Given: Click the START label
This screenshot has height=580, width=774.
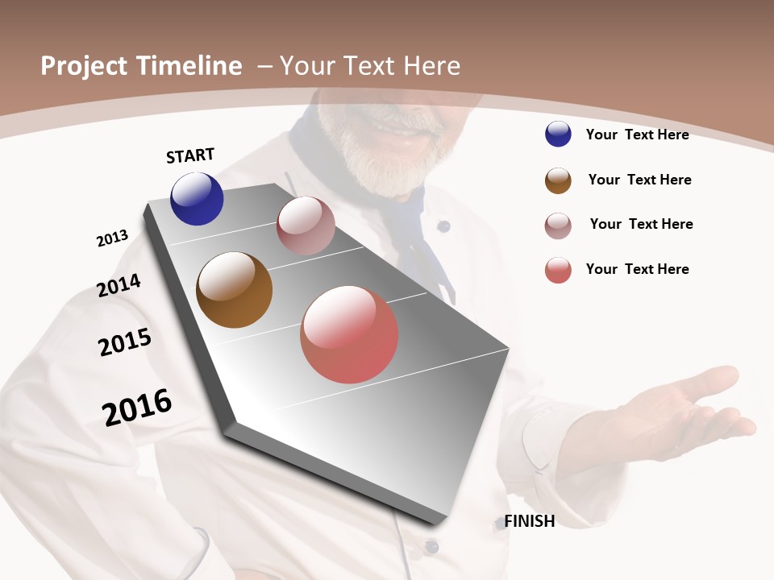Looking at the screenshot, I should [x=190, y=155].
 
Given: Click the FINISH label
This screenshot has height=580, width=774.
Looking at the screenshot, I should [x=530, y=521].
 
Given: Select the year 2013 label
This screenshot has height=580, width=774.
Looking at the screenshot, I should [x=112, y=238].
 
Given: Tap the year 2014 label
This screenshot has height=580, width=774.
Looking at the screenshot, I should [x=119, y=285].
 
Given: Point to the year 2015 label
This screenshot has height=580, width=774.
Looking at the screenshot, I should [x=125, y=342].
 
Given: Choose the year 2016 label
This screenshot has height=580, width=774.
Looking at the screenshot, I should [x=137, y=407].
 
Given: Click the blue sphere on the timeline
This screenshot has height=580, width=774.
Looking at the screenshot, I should [x=197, y=199].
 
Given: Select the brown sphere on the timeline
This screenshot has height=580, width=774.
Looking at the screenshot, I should [x=234, y=290].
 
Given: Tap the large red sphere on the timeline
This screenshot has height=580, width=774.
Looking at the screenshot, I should [x=349, y=334].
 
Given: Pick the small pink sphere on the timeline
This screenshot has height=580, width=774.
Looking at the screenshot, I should [x=306, y=226].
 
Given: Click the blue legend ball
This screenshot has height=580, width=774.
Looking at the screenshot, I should [x=558, y=135].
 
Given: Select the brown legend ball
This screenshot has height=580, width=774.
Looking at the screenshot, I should [x=558, y=180].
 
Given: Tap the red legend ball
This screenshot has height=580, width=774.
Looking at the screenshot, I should [x=558, y=270].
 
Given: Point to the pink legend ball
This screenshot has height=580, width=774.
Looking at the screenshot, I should [x=558, y=226].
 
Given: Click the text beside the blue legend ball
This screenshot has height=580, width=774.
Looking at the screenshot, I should [x=637, y=135].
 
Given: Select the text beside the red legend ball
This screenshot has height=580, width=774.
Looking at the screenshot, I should [x=637, y=269].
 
